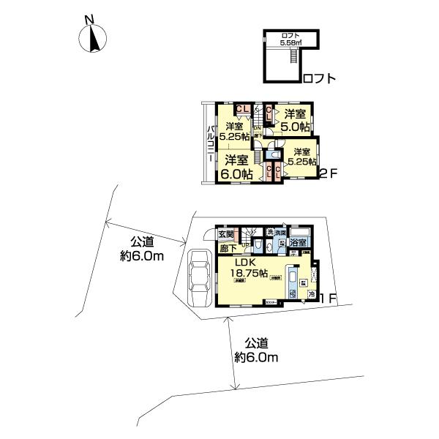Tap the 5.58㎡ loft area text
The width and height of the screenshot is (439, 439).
290,43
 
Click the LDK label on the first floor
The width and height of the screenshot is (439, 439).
247,261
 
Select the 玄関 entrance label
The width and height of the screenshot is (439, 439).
226,235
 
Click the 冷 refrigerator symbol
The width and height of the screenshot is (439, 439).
310,296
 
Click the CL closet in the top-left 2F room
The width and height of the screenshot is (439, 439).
239,110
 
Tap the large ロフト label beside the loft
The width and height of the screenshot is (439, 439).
319,78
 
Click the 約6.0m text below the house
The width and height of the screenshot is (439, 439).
257,357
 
